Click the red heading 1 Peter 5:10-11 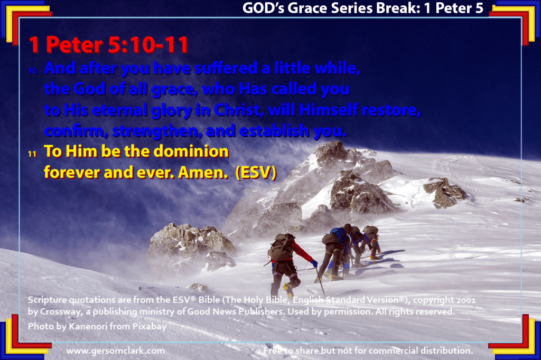pyautogui.click(x=109, y=45)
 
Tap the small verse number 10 pyautogui.click(x=32, y=71)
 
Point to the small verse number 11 pyautogui.click(x=32, y=154)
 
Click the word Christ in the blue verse pyautogui.click(x=237, y=110)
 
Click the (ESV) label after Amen pyautogui.click(x=256, y=173)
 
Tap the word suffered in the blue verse pyautogui.click(x=226, y=68)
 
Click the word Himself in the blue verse pyautogui.click(x=329, y=110)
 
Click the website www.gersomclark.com pyautogui.click(x=116, y=351)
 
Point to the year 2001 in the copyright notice pyautogui.click(x=466, y=300)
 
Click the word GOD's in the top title pyautogui.click(x=263, y=8)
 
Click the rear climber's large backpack pyautogui.click(x=282, y=247)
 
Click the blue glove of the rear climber pyautogui.click(x=314, y=264)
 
